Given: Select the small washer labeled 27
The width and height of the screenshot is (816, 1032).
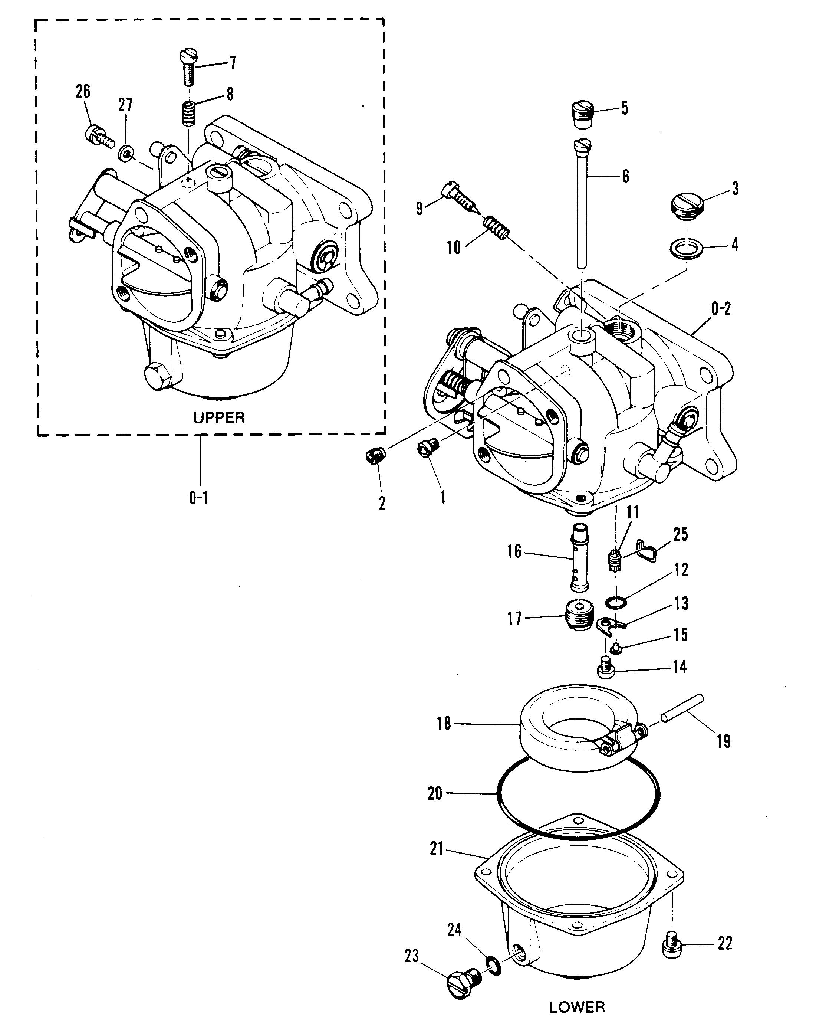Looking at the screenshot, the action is click(126, 153).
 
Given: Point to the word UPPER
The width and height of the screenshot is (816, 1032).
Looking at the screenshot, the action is click(219, 417).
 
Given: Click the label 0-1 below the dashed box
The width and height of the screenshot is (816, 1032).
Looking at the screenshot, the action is click(199, 498).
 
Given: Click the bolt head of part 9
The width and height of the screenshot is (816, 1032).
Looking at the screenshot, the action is click(450, 190).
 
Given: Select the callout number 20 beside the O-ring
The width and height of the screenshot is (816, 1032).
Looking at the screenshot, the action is click(434, 794).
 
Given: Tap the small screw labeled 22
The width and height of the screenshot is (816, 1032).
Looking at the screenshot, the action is click(671, 944).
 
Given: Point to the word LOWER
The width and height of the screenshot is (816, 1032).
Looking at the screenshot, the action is click(577, 1007).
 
